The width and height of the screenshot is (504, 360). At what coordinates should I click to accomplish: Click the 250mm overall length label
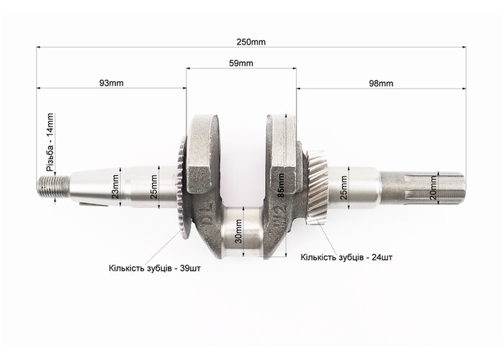[x=251, y=42]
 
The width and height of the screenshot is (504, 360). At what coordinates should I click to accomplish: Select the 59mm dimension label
[x=241, y=63]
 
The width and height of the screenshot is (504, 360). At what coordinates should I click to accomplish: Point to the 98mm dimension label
[x=381, y=84]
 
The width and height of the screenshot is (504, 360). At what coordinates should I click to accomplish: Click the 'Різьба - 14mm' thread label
[x=50, y=143]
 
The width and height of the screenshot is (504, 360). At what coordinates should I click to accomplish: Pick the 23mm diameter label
[x=115, y=186]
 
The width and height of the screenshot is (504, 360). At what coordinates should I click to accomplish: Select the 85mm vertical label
[x=281, y=186]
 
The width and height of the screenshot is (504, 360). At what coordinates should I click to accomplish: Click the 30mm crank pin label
[x=238, y=231]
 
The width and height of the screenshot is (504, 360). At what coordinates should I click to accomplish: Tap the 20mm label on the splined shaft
[x=433, y=188]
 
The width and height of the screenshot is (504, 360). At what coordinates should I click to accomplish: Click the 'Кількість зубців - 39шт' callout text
[x=155, y=268]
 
